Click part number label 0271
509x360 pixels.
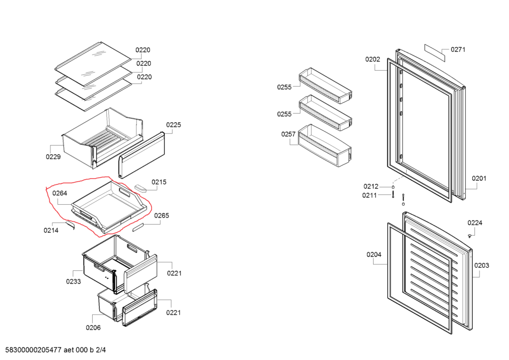coord(458,50)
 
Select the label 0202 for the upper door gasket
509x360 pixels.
coord(372,60)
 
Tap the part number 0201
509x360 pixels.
coord(479,178)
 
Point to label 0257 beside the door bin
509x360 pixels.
coord(289,134)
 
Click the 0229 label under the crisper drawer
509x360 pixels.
coord(53,157)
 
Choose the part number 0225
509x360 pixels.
coord(174,125)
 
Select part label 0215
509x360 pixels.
coord(159,182)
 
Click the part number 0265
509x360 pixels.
coord(161,216)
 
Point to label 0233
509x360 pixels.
coord(74,281)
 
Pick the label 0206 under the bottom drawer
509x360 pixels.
coord(93,328)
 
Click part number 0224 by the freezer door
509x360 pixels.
coord(475,223)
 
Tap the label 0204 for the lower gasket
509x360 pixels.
coord(374,255)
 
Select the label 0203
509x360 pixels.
coord(481,265)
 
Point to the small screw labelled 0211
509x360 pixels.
coord(393,195)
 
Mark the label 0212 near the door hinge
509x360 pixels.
coord(371,186)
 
